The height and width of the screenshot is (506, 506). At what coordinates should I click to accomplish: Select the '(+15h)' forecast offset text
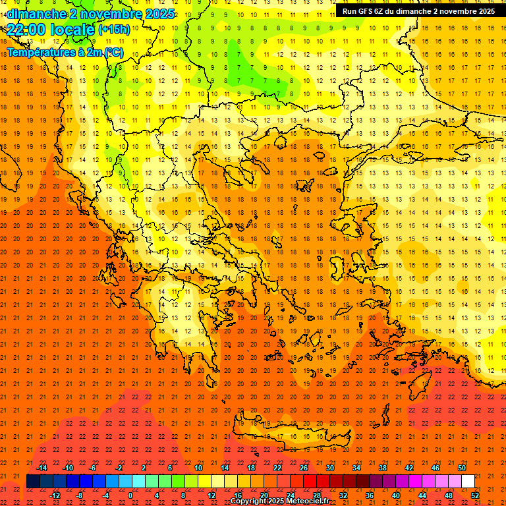click(x=114, y=30)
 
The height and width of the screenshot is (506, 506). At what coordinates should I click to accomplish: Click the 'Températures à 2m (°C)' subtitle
click(x=65, y=52)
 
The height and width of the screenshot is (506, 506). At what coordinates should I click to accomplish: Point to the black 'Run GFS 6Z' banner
click(x=418, y=11)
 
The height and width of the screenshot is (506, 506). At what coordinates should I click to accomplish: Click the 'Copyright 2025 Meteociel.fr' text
click(x=279, y=501)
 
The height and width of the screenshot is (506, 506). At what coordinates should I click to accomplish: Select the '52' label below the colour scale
click(x=475, y=495)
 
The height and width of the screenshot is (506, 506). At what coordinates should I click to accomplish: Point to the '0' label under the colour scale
click(x=130, y=495)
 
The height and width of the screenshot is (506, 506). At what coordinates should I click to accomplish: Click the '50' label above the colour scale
click(x=461, y=468)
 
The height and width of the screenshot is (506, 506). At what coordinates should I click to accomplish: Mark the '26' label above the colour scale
click(x=304, y=468)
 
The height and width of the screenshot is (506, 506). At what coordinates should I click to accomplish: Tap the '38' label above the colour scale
click(x=382, y=468)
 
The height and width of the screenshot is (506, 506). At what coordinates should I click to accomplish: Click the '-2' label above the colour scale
click(x=119, y=468)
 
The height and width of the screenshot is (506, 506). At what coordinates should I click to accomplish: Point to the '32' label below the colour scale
click(x=343, y=495)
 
